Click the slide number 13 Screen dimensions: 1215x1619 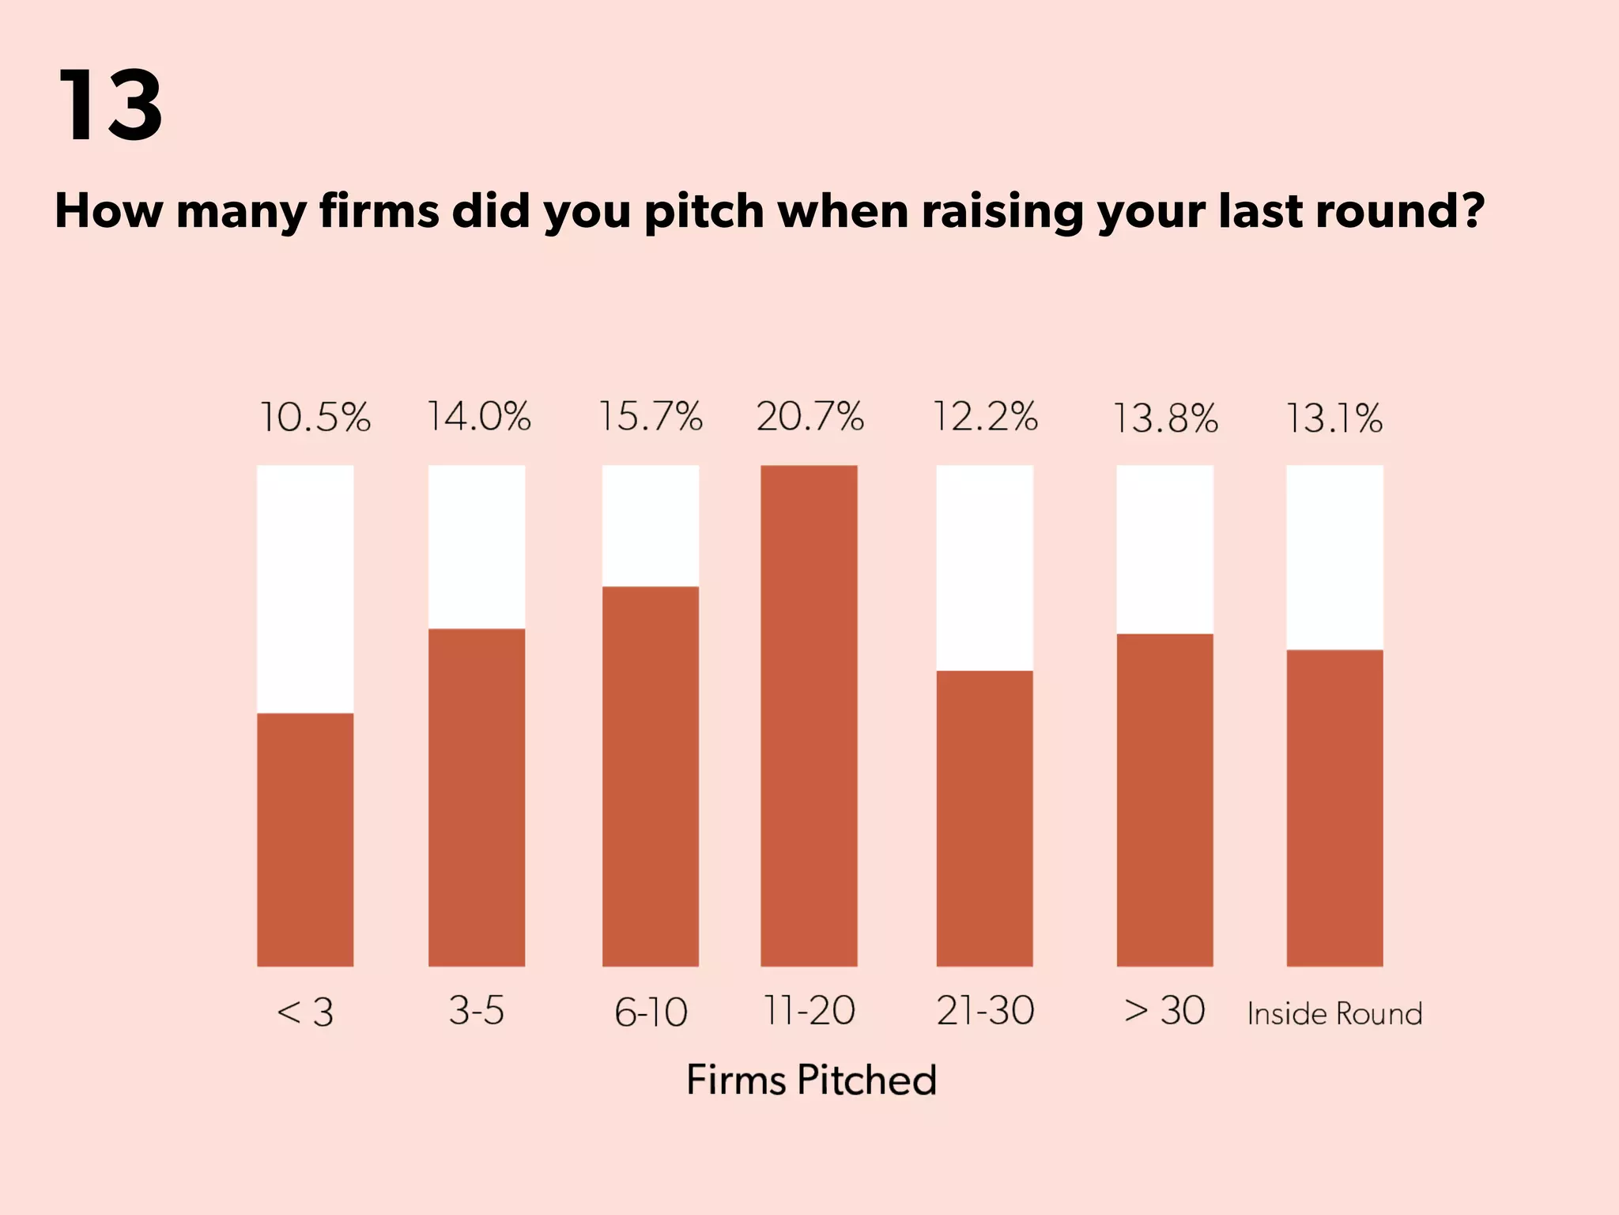click(110, 105)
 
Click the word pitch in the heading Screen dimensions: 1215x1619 click(704, 212)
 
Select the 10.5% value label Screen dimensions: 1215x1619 click(315, 418)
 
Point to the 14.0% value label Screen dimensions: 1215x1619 click(478, 416)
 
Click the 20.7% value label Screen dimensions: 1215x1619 click(809, 416)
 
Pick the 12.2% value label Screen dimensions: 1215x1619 click(985, 416)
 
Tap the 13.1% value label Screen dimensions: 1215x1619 click(1334, 418)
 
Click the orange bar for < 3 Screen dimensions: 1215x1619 click(305, 838)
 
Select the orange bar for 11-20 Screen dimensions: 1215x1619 click(809, 716)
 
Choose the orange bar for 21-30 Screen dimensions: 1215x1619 click(984, 818)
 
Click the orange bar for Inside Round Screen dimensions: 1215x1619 click(1334, 807)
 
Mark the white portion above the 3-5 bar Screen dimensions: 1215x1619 click(477, 547)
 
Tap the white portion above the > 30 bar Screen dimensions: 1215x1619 click(1164, 549)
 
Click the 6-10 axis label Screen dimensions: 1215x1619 click(651, 1012)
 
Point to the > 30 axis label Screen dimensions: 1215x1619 click(1164, 1010)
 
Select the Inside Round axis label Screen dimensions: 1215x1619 click(1334, 1013)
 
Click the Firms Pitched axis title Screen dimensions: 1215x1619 click(811, 1080)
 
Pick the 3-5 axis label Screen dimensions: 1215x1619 click(476, 1010)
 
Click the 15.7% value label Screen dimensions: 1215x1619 click(650, 416)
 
